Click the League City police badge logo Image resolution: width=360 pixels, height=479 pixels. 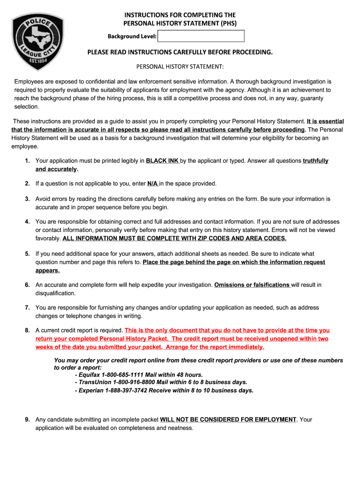[x=38, y=41]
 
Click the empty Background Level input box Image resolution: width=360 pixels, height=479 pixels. [x=201, y=36]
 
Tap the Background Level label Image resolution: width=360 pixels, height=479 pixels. [x=132, y=36]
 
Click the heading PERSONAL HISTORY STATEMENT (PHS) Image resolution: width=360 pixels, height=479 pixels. [x=180, y=23]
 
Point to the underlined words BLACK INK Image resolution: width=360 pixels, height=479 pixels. [x=162, y=161]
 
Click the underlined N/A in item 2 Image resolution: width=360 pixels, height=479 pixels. [x=153, y=184]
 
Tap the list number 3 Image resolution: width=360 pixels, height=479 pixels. [x=28, y=199]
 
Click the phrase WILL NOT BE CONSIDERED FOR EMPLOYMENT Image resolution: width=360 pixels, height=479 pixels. [x=228, y=420]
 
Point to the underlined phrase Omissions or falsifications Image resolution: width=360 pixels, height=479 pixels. [x=252, y=285]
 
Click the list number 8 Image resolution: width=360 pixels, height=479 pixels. [x=28, y=330]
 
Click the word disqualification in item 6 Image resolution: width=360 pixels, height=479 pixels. [x=55, y=293]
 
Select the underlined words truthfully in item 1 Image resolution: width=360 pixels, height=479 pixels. [x=316, y=161]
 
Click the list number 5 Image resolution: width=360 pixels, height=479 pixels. [x=28, y=254]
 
